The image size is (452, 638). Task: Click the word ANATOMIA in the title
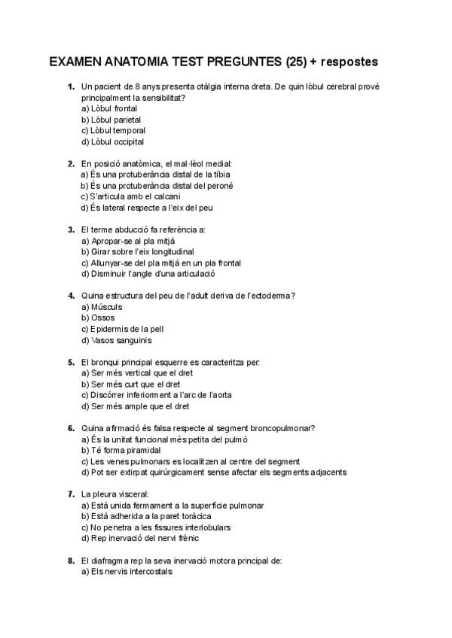tap(130, 60)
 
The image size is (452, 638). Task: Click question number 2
tap(71, 163)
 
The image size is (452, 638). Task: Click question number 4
tap(71, 296)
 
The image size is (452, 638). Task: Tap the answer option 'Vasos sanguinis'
tap(110, 340)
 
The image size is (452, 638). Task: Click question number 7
tap(71, 494)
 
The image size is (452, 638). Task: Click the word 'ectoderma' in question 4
tap(270, 296)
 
